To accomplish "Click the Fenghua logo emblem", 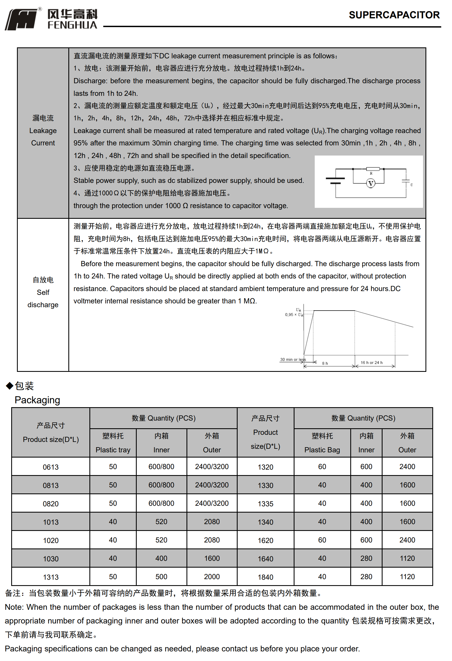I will pyautogui.click(x=21, y=19).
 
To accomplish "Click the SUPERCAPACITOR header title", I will pyautogui.click(x=394, y=15).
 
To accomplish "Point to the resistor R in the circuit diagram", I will pyautogui.click(x=372, y=169).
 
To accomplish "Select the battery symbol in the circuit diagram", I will pyautogui.click(x=335, y=181).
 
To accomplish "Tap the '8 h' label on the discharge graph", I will pyautogui.click(x=325, y=363).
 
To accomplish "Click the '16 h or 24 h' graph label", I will pyautogui.click(x=371, y=362).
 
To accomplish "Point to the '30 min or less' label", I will pyautogui.click(x=293, y=360).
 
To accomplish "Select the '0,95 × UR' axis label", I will pyautogui.click(x=294, y=315).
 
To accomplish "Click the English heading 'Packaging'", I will pyautogui.click(x=37, y=400).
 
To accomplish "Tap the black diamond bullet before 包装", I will pyautogui.click(x=10, y=386).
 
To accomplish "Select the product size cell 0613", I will pyautogui.click(x=51, y=467).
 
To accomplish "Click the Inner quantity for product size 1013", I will pyautogui.click(x=161, y=522).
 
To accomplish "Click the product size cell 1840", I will pyautogui.click(x=265, y=577).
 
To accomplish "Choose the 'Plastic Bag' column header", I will pyautogui.click(x=322, y=450).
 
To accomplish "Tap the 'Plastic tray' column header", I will pyautogui.click(x=113, y=450).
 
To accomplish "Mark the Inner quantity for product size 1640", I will pyautogui.click(x=366, y=558).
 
